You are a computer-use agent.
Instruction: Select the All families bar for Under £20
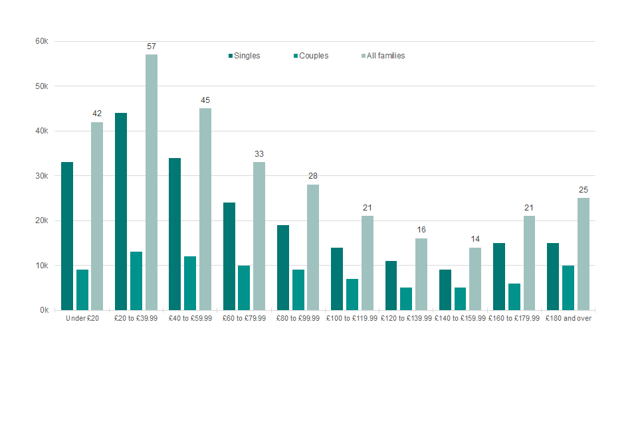(97, 216)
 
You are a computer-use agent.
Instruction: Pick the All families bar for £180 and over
(584, 254)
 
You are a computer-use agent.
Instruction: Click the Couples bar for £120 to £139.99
(406, 299)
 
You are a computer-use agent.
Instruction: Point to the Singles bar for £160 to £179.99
(499, 276)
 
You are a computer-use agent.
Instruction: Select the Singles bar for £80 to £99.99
(283, 268)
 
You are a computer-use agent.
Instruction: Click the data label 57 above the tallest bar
(152, 46)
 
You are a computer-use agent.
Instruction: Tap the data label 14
(475, 240)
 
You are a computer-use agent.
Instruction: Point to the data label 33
(259, 154)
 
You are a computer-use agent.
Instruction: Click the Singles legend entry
(244, 56)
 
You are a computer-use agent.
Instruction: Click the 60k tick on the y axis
(42, 41)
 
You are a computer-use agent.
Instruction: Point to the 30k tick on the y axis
(42, 176)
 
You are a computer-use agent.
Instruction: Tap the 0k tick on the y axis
(44, 310)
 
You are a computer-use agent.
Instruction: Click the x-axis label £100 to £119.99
(352, 319)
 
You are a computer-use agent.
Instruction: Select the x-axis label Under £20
(82, 319)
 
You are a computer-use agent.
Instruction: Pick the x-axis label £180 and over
(568, 319)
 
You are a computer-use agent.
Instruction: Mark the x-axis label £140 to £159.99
(460, 319)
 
